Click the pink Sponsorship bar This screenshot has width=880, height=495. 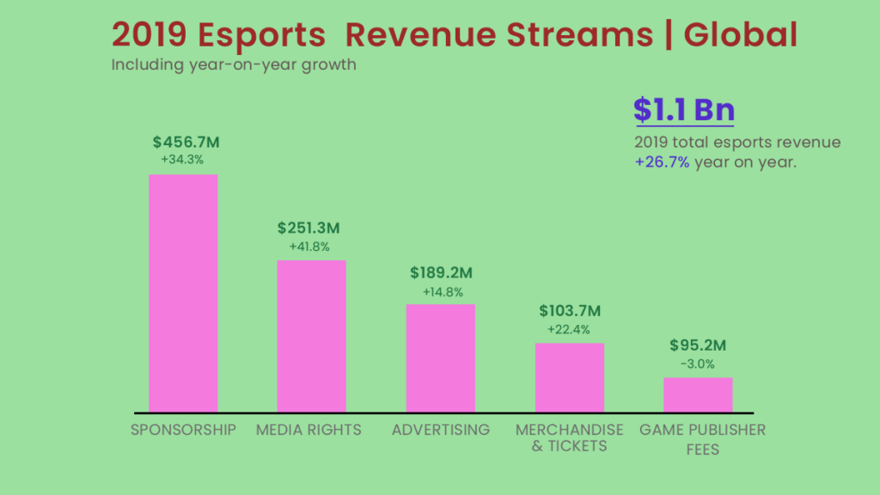[183, 293]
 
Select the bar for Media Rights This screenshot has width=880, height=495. [311, 335]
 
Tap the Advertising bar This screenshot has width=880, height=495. [441, 357]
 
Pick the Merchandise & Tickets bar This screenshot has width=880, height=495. [570, 377]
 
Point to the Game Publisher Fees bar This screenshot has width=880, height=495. [698, 394]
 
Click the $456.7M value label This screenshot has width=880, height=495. [183, 142]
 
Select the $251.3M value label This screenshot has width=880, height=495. [309, 229]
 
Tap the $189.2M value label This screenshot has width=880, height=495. [442, 273]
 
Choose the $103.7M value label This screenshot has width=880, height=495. [570, 311]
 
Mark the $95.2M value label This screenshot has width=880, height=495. [698, 346]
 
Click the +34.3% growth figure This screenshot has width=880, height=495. [182, 160]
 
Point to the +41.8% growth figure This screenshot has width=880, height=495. [309, 247]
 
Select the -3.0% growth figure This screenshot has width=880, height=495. [697, 364]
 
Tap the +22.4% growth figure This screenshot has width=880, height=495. [569, 329]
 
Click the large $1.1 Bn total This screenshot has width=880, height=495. [684, 110]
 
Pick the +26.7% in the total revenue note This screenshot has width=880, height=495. [662, 162]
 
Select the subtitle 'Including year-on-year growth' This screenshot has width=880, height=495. [234, 65]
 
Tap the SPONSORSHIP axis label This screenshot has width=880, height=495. [183, 430]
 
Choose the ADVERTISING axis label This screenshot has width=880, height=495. [441, 430]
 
